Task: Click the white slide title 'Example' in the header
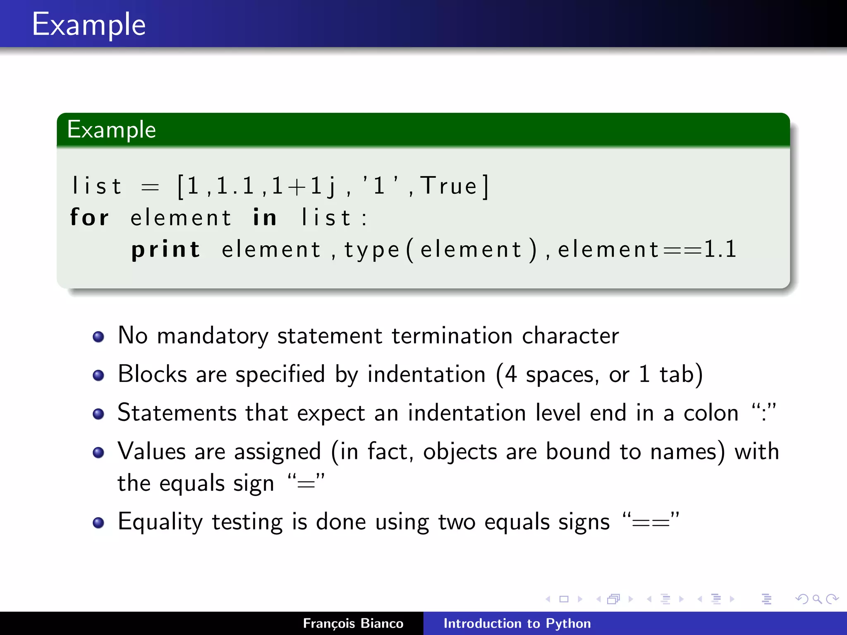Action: [89, 25]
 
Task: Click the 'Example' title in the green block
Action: [112, 130]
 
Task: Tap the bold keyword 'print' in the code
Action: [166, 249]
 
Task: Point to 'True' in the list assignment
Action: [449, 186]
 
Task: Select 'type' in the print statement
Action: [372, 250]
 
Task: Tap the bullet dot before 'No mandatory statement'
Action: [98, 337]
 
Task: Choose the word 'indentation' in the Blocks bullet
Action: [426, 375]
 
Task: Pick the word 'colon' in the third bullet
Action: [711, 413]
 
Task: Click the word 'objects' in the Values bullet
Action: [460, 452]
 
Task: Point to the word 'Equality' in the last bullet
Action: [160, 522]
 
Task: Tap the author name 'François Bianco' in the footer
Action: [353, 623]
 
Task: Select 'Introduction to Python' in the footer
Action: [517, 623]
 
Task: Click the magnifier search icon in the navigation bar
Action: [817, 599]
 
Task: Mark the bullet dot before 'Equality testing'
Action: [98, 523]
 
